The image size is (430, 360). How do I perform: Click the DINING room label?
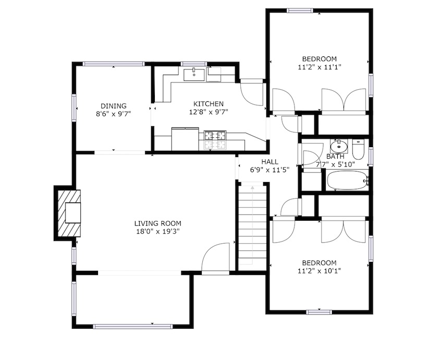(114, 106)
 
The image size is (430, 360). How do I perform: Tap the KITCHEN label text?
(208, 104)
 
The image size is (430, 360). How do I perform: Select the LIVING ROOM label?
(158, 223)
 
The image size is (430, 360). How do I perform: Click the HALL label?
(269, 162)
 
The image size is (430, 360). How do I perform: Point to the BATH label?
(335, 157)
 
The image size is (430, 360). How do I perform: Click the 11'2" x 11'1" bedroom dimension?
(320, 67)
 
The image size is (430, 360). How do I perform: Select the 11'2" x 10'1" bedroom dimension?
(320, 271)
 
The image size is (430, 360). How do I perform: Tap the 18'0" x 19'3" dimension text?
(158, 231)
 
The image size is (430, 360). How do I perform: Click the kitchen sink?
(194, 75)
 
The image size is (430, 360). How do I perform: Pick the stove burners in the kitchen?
(215, 140)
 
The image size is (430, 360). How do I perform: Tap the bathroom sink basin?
(339, 147)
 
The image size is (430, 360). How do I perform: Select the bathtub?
(348, 180)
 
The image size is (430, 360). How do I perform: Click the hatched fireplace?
(69, 213)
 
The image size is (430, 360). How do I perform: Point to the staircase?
(252, 225)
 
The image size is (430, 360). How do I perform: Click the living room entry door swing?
(215, 258)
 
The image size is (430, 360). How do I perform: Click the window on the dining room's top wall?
(114, 64)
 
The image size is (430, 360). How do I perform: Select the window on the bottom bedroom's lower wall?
(319, 312)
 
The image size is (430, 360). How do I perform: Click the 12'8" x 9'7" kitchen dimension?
(208, 112)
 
